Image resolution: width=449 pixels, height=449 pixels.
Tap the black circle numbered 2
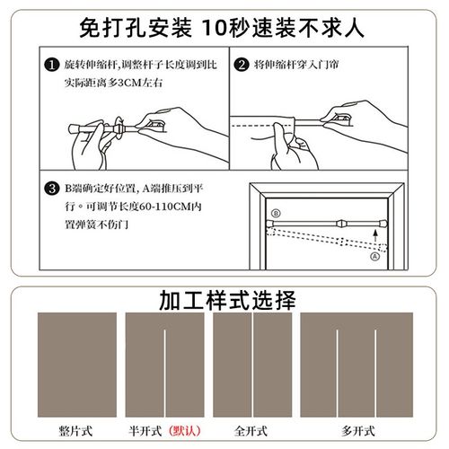pos(241,66)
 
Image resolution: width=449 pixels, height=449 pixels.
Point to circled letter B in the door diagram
pos(276,213)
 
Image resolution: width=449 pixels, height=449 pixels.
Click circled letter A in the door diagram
pos(372,253)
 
